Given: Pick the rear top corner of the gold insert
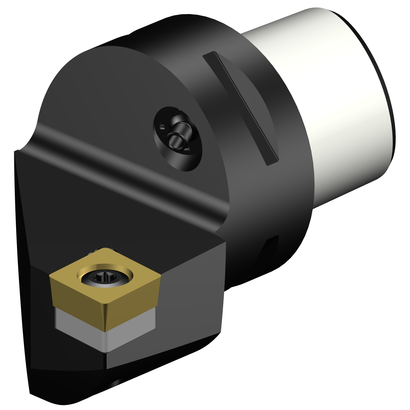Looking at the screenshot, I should pyautogui.click(x=105, y=248).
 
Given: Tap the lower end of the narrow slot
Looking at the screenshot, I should pyautogui.click(x=272, y=161).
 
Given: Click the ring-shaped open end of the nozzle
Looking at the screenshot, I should pyautogui.click(x=175, y=140).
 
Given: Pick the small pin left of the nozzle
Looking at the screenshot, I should pyautogui.click(x=162, y=127).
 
